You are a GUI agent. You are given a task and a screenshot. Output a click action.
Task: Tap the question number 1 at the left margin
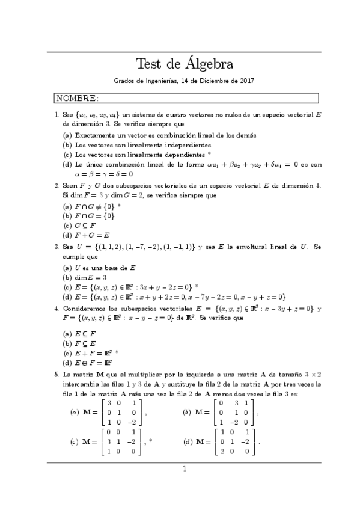[x=56, y=113]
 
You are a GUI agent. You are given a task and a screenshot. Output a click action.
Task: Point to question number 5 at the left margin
[x=56, y=374]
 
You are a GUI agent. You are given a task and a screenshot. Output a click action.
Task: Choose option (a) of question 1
[x=67, y=135]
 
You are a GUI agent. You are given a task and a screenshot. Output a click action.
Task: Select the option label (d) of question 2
[x=67, y=235]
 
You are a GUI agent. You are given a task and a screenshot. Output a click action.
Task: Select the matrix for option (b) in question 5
[x=234, y=413]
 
